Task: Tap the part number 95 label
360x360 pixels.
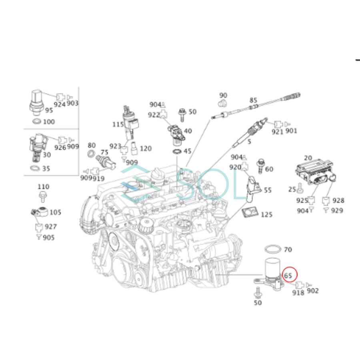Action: [49, 110]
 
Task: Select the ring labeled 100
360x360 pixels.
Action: [36, 121]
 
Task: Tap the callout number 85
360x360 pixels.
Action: [253, 100]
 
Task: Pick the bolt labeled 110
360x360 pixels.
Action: [42, 196]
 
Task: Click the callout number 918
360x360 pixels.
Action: [298, 293]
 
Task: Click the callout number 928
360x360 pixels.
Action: [338, 201]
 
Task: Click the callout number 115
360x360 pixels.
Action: [118, 124]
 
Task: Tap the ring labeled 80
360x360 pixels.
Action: [91, 154]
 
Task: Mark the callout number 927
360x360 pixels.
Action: [51, 226]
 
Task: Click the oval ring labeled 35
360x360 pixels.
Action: [35, 168]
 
